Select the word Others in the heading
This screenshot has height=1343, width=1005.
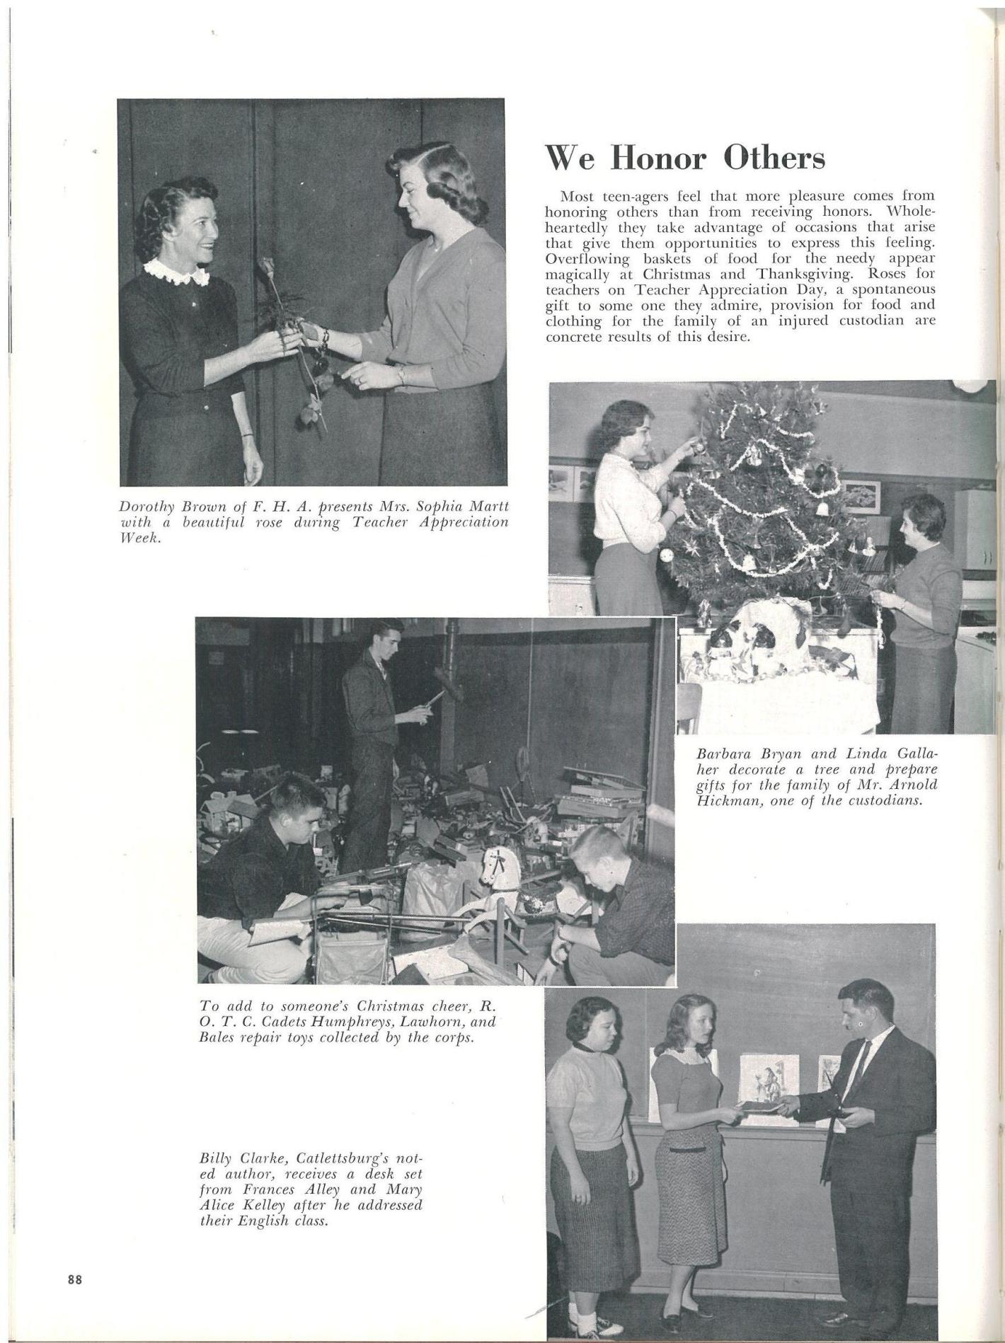pos(774,158)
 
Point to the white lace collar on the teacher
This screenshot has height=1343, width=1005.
pos(176,272)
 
